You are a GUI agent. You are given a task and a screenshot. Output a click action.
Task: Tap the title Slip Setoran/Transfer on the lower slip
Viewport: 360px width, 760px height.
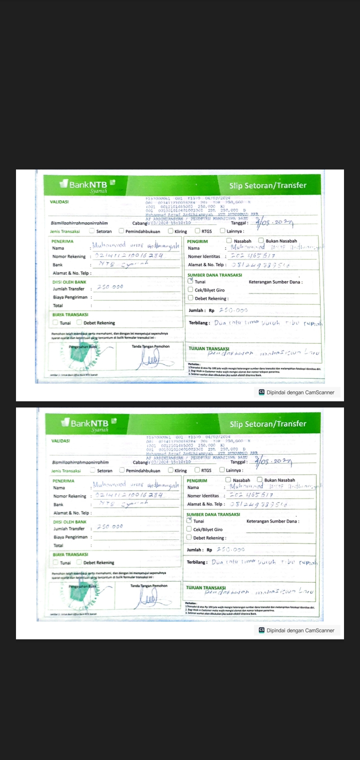(267, 424)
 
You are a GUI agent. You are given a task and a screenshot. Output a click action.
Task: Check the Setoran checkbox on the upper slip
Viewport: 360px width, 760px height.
(91, 231)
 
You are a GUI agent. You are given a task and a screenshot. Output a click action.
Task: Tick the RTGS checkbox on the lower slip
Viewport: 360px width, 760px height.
(197, 470)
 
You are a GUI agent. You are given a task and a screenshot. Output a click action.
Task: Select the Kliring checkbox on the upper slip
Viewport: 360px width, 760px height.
(170, 231)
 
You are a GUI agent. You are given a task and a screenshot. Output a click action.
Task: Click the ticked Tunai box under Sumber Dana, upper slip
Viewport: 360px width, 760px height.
(190, 281)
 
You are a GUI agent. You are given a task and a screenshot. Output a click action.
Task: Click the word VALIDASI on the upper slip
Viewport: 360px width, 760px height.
(59, 201)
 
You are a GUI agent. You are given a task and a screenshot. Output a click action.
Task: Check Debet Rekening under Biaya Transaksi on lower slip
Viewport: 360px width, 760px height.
(79, 562)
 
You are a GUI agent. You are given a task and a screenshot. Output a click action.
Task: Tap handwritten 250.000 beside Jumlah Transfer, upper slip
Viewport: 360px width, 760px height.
(109, 287)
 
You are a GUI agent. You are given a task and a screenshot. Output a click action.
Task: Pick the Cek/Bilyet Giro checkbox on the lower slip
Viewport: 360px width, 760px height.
(189, 529)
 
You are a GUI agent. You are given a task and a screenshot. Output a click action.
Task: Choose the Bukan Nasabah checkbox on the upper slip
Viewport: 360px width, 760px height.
(261, 240)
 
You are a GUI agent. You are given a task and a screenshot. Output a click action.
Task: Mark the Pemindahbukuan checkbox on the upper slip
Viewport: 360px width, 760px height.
(121, 231)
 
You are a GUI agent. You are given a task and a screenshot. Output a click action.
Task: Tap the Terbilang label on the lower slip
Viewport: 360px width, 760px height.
(197, 562)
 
